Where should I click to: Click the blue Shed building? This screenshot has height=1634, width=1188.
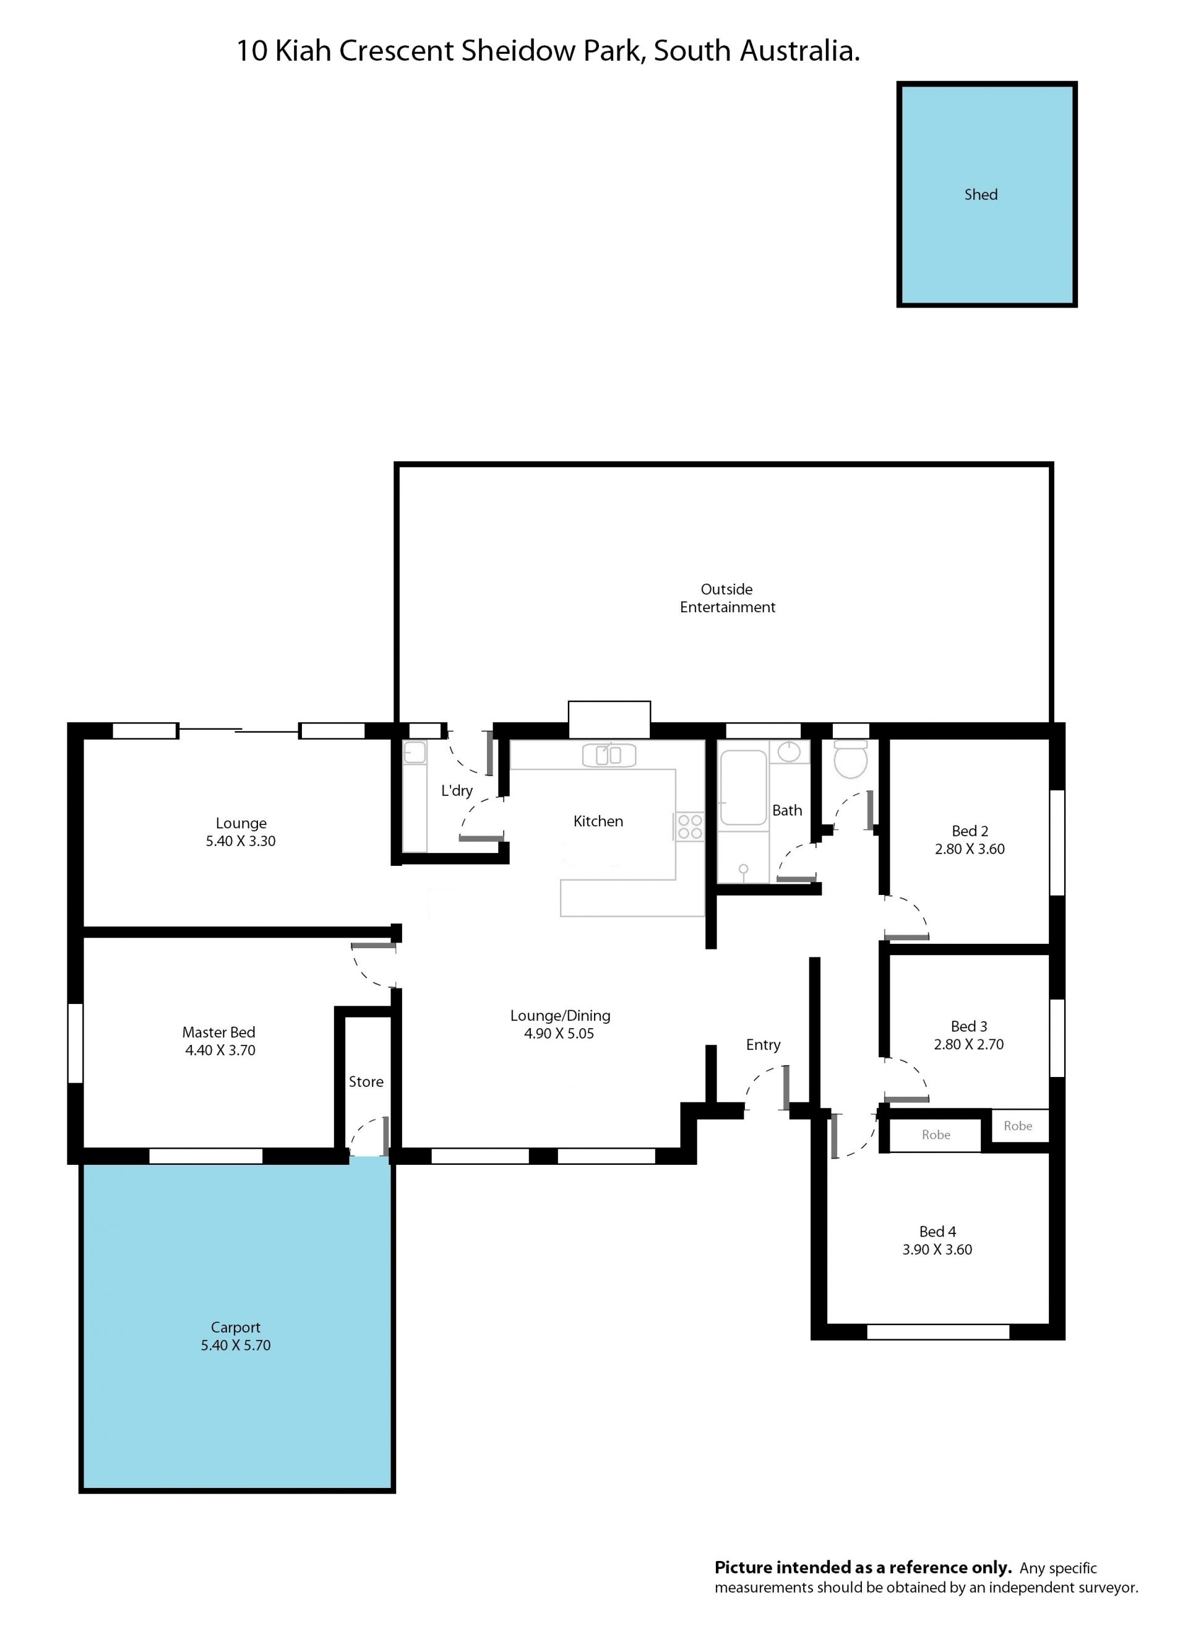click(986, 194)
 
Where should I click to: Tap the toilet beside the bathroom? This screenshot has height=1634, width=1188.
click(851, 759)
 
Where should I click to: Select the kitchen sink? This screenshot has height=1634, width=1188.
click(609, 755)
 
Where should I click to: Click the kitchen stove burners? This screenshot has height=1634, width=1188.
click(689, 826)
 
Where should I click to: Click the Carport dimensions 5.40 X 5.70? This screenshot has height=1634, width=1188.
click(236, 1345)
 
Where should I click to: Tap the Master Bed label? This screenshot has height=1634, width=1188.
click(219, 1032)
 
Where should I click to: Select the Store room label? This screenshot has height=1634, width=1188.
click(366, 1081)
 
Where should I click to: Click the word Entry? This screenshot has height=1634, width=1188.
click(763, 1045)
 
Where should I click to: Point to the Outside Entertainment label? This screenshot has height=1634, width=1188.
click(728, 598)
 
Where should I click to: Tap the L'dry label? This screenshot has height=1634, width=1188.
click(457, 790)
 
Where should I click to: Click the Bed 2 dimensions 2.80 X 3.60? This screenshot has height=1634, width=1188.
click(970, 849)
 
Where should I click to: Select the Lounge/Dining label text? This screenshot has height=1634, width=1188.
click(561, 1016)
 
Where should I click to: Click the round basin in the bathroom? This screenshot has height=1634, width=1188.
click(790, 752)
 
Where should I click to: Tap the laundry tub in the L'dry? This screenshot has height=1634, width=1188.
click(414, 753)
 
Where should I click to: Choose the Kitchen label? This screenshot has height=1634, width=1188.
click(598, 821)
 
